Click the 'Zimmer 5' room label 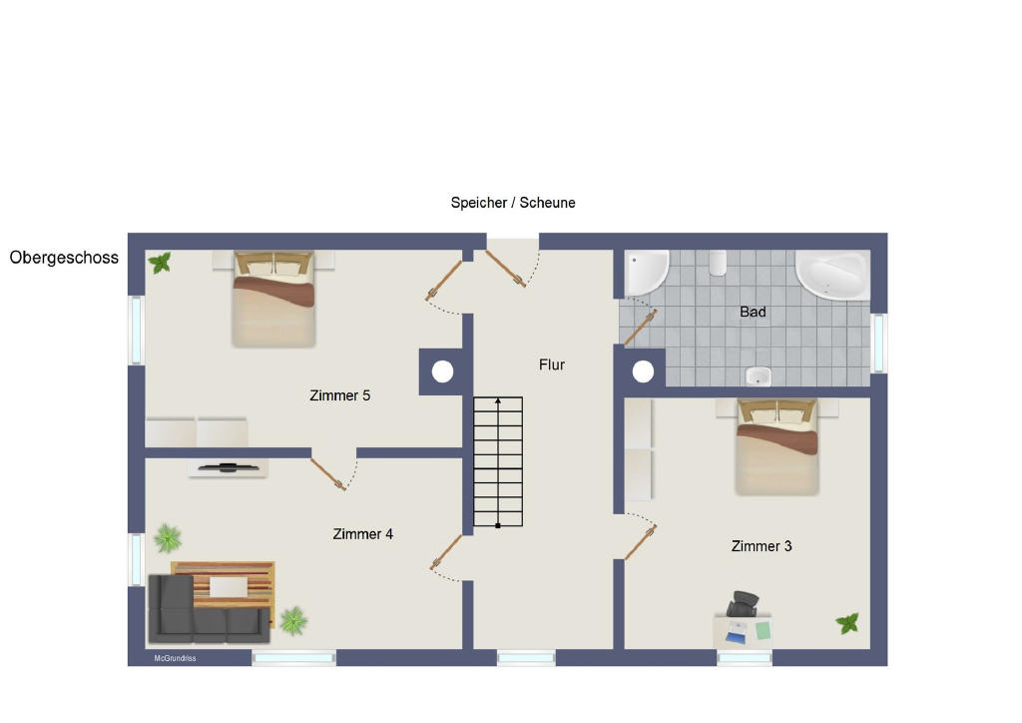(339, 395)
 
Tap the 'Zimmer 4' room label (363, 534)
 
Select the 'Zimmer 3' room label (762, 546)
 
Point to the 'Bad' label (753, 312)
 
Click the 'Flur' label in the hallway (551, 364)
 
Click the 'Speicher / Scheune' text (513, 203)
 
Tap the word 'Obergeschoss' (64, 258)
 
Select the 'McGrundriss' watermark (175, 658)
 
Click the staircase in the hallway (498, 461)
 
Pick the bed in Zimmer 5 (273, 299)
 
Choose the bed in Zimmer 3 (776, 447)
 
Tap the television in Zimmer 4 (229, 467)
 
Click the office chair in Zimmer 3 (743, 603)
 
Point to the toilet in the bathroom (718, 264)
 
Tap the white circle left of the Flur (442, 371)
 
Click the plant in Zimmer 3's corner (847, 623)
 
